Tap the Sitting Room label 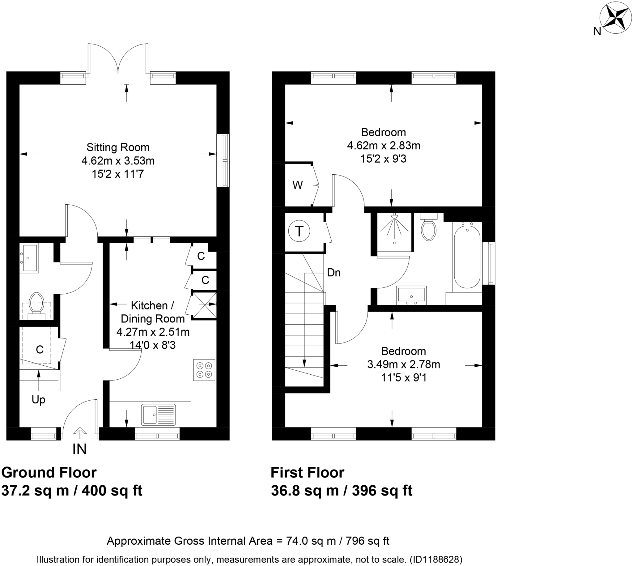click(x=118, y=147)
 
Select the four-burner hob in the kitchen click(x=204, y=370)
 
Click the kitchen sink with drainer click(x=159, y=415)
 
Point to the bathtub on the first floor click(x=467, y=257)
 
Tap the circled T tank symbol click(x=299, y=231)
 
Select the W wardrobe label click(x=298, y=185)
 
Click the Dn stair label click(x=334, y=273)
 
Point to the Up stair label click(x=38, y=400)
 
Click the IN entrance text click(x=79, y=449)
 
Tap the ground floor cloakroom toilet click(x=36, y=303)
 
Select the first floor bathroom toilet click(x=428, y=228)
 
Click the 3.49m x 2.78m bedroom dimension click(x=404, y=364)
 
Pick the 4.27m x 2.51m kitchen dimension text click(x=153, y=332)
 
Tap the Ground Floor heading click(x=49, y=472)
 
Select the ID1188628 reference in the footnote click(x=436, y=560)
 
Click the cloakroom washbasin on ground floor click(x=29, y=258)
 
